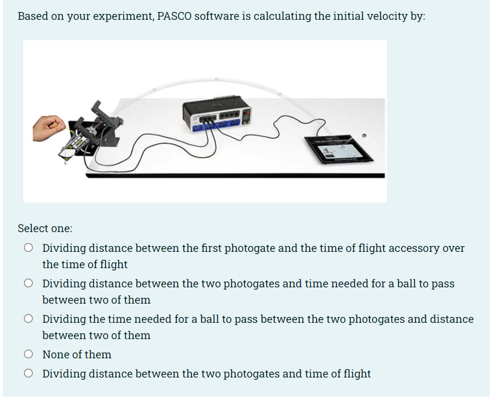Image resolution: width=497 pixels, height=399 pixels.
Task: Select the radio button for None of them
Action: pos(28,354)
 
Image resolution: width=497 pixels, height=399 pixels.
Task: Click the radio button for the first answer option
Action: pos(28,248)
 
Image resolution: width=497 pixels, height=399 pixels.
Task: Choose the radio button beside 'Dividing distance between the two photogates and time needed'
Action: pos(28,284)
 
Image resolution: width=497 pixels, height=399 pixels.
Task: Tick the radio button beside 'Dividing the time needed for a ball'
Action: pos(28,319)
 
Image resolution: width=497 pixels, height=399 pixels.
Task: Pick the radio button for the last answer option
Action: pos(28,373)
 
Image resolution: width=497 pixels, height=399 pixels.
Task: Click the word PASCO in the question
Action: pos(174,16)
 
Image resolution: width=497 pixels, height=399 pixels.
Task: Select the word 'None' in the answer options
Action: pos(56,354)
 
